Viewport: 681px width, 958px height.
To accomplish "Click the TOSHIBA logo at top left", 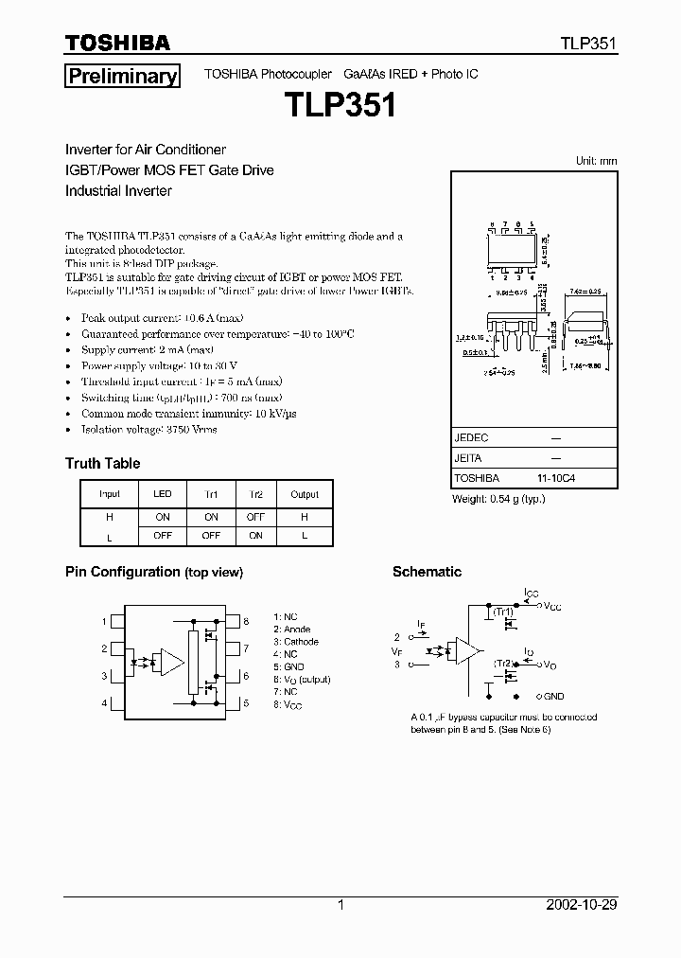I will pos(117,43).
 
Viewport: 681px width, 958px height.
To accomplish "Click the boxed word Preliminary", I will pos(121,77).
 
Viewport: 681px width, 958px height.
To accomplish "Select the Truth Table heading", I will pos(102,463).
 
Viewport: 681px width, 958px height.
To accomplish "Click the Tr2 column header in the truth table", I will pos(255,494).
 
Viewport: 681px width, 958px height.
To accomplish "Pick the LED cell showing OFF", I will pos(162,535).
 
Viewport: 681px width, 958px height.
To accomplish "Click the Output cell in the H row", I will pos(305,517).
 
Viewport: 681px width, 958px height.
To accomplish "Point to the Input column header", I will pos(110,494).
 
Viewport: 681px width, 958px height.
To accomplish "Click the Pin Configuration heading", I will pos(122,572).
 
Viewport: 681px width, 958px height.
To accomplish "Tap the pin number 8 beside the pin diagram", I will pos(246,622).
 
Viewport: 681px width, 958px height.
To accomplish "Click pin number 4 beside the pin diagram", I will pos(104,703).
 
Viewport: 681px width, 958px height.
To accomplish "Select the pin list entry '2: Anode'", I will pos(291,630).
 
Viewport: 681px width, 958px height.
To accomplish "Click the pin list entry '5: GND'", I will pos(288,667).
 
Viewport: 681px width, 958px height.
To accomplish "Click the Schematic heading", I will pos(427,572).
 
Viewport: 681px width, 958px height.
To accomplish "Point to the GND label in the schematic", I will pos(553,696).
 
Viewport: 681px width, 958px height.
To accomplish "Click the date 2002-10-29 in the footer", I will pos(582,905).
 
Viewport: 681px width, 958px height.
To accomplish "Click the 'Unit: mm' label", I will pos(596,161).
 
